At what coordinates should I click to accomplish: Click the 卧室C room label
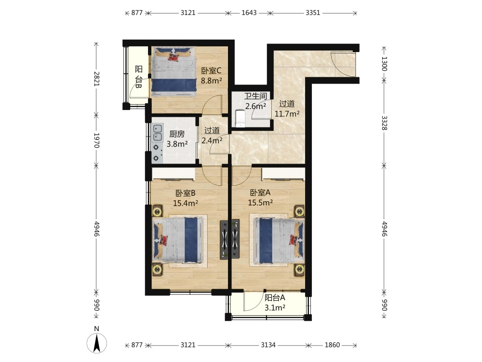coord(211,71)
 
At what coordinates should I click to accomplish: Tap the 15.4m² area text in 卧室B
coord(186,203)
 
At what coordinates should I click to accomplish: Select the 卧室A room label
coord(260,193)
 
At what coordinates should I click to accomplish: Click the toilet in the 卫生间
coord(240,119)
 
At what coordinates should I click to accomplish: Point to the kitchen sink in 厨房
coord(158,132)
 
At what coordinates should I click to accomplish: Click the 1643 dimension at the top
coord(249,13)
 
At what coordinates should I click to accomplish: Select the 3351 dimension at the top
coord(313,13)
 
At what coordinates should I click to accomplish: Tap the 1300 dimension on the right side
coord(384,63)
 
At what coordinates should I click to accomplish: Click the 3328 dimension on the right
coord(384,123)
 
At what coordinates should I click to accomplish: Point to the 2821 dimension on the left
coord(96,79)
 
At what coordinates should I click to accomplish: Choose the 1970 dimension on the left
coord(96,140)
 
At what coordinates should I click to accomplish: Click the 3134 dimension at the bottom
coord(268,345)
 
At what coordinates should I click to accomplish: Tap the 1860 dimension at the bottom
coord(332,345)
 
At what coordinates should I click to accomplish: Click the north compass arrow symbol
coord(97,342)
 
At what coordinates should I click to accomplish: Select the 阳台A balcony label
coord(275,298)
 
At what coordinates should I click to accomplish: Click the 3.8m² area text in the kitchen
coord(177,144)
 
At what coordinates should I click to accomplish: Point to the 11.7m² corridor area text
coord(287,114)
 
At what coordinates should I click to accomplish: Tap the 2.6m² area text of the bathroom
coord(255,107)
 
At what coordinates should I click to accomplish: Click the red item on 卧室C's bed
coord(173,56)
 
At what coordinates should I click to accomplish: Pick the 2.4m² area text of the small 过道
coord(212,140)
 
